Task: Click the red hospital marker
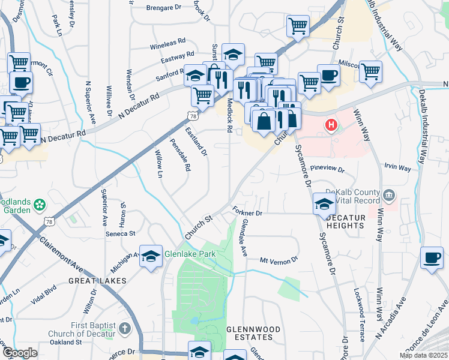(330, 125)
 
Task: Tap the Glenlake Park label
(190, 254)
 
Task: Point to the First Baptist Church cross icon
(124, 328)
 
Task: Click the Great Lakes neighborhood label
(97, 280)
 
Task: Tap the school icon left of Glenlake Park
(151, 255)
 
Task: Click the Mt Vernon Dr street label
(279, 260)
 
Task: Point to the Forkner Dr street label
(248, 212)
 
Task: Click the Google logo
(19, 353)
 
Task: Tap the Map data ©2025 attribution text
(424, 355)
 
